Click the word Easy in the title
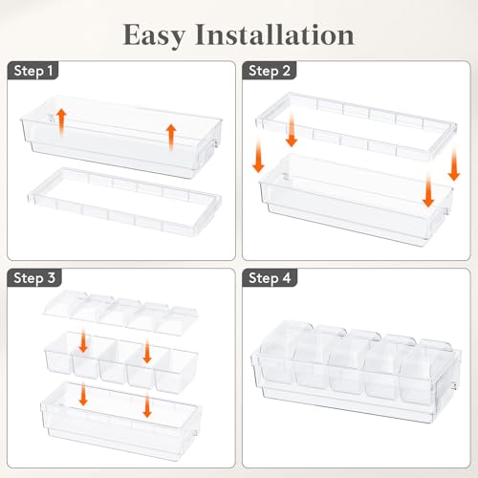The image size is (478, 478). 154,35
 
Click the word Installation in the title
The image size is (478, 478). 274,34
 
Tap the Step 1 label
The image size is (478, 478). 33,71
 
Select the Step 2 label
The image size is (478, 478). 270,71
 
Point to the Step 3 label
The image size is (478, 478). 34,278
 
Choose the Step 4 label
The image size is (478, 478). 270,278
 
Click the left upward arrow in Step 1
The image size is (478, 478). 62,121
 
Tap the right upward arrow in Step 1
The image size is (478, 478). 171,138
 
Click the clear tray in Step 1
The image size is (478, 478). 121,137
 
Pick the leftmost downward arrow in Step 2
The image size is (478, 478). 258,155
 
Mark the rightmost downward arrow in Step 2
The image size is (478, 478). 454,163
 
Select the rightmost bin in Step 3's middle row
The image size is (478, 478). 175,370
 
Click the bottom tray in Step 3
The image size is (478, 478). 121,421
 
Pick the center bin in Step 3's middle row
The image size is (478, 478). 115,361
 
